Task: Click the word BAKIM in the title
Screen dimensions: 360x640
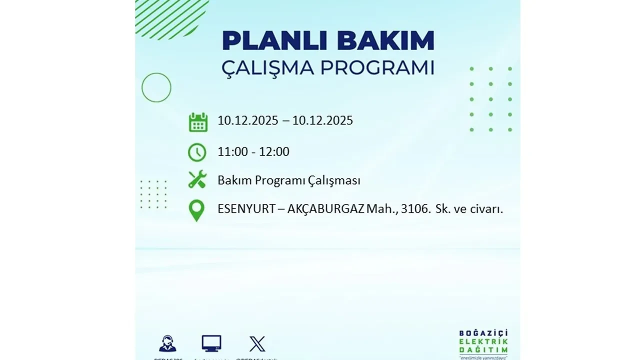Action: coord(388,40)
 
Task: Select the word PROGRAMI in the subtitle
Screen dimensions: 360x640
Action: coord(377,67)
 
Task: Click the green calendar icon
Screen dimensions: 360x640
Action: coord(198,122)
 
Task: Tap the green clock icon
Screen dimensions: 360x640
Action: coord(197,152)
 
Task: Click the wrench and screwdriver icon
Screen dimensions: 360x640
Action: coord(197,179)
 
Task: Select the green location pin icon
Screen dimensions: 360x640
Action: coord(197,210)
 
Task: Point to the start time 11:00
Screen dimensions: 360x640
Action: coord(232,152)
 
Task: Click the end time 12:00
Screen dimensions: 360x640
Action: coord(274,152)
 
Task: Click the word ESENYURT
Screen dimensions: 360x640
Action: coord(246,209)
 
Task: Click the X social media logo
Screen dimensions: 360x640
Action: coord(257,344)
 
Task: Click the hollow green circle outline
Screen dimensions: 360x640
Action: coord(156,87)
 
